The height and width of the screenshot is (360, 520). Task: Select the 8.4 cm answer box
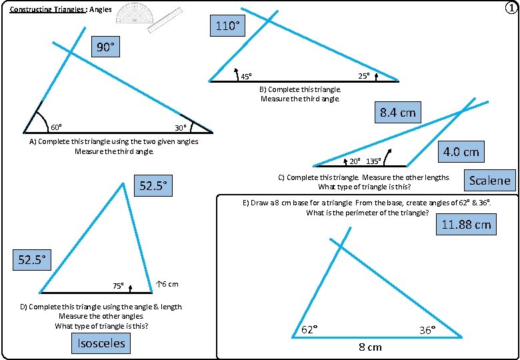397,112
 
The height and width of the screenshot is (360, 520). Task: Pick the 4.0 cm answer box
461,151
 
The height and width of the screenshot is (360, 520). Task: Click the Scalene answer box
489,180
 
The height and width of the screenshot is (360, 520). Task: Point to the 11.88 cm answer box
466,225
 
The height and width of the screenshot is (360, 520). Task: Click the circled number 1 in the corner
510,9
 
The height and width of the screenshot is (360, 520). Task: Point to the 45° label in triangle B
245,76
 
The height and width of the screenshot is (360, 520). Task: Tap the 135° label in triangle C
373,161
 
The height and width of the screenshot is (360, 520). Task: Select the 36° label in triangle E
427,329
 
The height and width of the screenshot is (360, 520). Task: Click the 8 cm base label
371,347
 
